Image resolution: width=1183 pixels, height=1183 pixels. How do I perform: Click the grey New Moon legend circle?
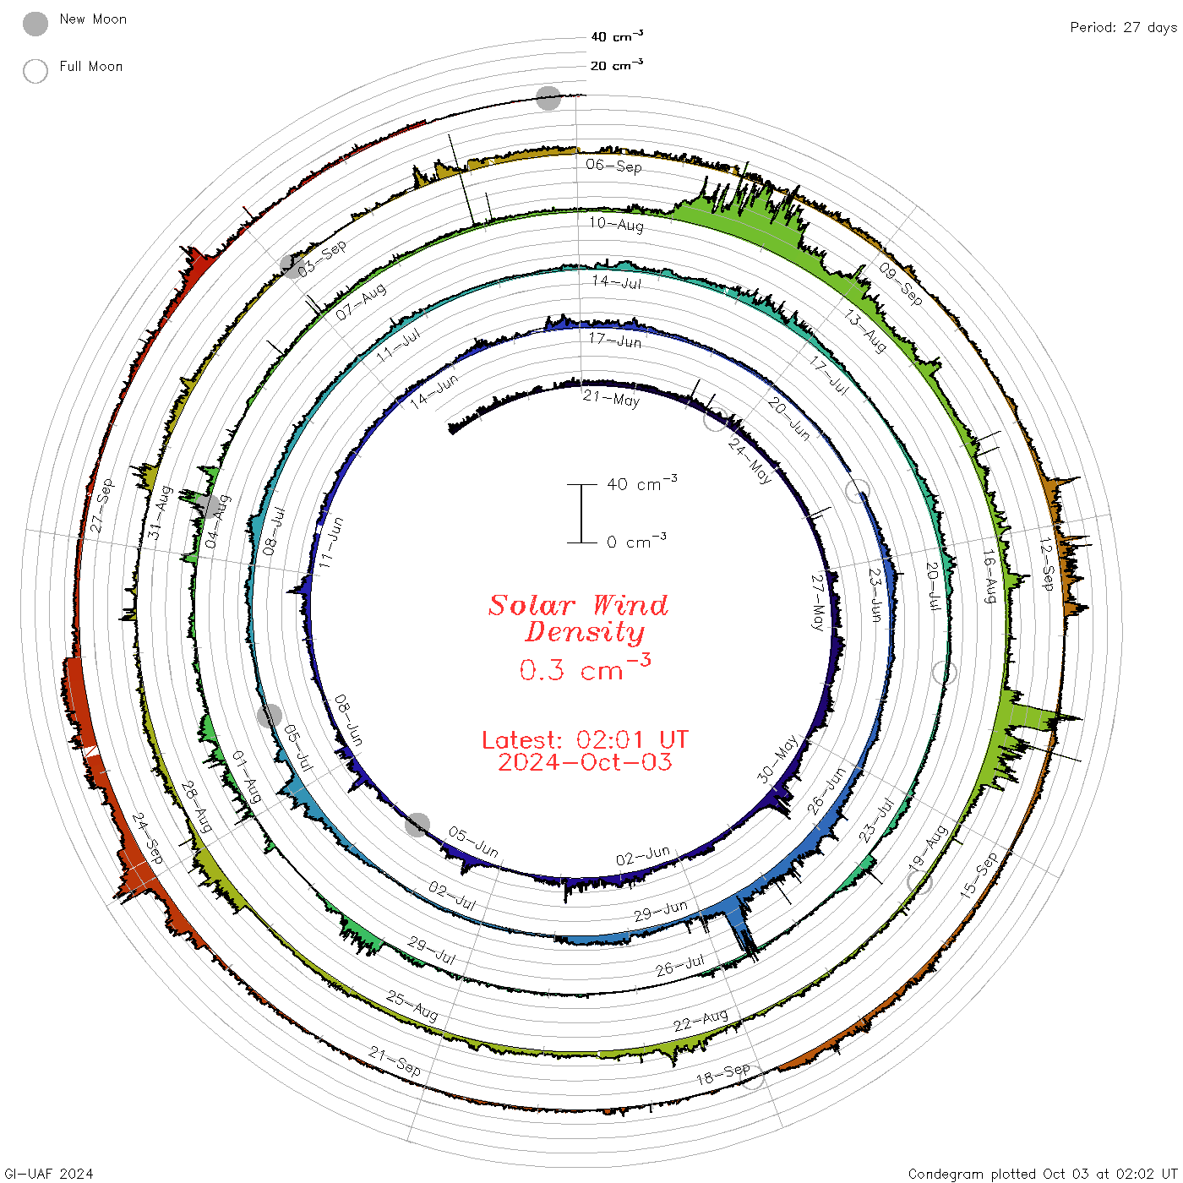(35, 24)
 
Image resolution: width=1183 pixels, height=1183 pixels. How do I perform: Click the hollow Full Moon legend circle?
(35, 71)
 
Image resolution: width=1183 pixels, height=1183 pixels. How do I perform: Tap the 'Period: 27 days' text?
(1124, 28)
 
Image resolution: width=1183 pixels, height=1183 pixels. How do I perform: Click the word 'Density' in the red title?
(585, 632)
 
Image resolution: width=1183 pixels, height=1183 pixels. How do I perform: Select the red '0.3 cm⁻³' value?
(585, 668)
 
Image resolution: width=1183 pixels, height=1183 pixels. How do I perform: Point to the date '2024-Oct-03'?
(585, 762)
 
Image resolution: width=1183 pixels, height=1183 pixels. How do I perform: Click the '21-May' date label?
(612, 399)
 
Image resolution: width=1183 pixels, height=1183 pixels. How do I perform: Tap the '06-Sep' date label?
(614, 166)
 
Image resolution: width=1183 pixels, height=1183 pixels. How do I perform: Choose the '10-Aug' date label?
(616, 224)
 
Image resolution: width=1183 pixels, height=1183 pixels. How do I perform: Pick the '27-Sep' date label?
(102, 505)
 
